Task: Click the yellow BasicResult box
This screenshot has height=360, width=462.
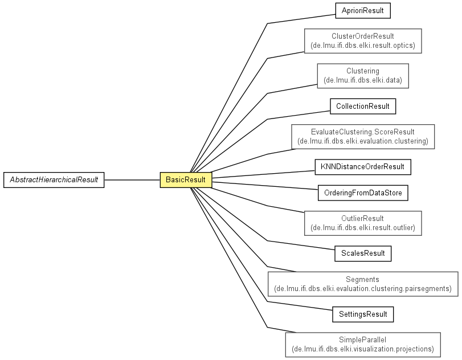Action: (x=186, y=179)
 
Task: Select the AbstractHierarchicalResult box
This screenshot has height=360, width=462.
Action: (x=54, y=179)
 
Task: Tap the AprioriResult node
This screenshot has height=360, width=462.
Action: (x=363, y=11)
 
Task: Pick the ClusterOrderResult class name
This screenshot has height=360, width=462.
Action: (x=363, y=36)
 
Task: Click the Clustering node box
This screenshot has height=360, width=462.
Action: (x=363, y=76)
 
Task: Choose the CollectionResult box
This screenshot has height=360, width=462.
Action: (x=363, y=107)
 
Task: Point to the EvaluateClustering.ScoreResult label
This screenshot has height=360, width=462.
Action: (x=363, y=132)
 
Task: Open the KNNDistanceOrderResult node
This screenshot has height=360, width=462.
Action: (x=363, y=167)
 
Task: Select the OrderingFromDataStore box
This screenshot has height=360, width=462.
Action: (x=363, y=193)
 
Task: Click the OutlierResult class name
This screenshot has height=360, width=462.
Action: (x=362, y=218)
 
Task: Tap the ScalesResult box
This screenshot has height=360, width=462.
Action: (x=363, y=253)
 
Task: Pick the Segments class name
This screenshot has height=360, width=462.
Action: (x=362, y=279)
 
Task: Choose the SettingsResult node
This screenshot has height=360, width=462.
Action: (x=363, y=314)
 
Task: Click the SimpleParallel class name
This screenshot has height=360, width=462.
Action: (x=362, y=339)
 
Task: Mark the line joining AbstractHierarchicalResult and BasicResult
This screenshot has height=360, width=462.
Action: (x=132, y=179)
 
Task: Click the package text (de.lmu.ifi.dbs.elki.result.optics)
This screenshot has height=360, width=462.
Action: (x=363, y=46)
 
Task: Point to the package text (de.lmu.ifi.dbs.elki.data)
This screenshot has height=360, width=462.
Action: (x=363, y=80)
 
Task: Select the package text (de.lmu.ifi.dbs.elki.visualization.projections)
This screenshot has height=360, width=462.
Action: (x=363, y=349)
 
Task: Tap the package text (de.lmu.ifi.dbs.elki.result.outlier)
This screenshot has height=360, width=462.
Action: (x=363, y=227)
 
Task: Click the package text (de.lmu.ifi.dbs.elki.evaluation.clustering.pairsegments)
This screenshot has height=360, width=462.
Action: (x=363, y=288)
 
